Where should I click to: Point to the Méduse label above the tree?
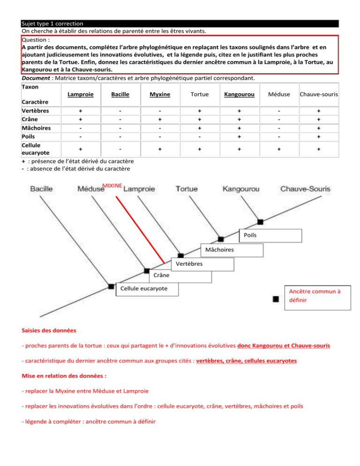tap(90, 189)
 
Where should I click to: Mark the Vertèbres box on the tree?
tap(202, 264)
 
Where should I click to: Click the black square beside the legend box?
tap(277, 299)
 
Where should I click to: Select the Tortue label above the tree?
tap(187, 189)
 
